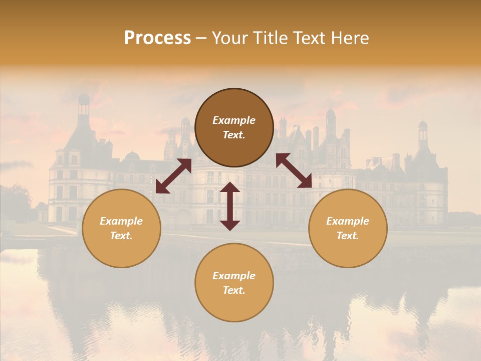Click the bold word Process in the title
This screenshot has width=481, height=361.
[x=157, y=38]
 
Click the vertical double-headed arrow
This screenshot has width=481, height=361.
[x=230, y=206]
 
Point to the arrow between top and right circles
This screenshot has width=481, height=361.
[x=294, y=170]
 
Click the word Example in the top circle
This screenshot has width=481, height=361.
[x=234, y=120]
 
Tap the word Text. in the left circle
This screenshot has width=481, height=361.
[x=121, y=236]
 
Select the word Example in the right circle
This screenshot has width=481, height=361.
[x=348, y=221]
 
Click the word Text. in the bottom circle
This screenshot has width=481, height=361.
[x=234, y=290]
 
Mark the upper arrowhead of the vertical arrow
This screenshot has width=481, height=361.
[x=230, y=187]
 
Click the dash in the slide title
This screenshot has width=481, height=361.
[x=201, y=39]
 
